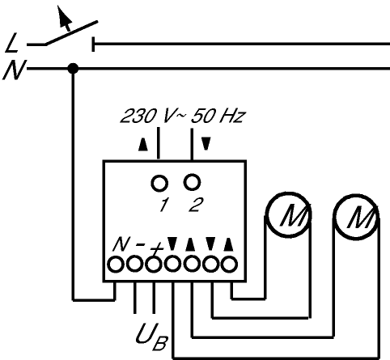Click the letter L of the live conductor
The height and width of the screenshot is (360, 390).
pyautogui.click(x=12, y=42)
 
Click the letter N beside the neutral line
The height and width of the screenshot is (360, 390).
pyautogui.click(x=15, y=70)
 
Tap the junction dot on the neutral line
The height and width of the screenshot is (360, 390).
pyautogui.click(x=73, y=68)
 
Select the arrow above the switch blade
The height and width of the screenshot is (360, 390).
pyautogui.click(x=65, y=18)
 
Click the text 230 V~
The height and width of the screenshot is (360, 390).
pyautogui.click(x=153, y=116)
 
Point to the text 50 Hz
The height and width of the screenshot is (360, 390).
pyautogui.click(x=218, y=116)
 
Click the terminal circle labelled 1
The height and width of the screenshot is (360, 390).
pyautogui.click(x=159, y=184)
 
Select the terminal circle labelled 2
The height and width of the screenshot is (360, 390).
pyautogui.click(x=192, y=182)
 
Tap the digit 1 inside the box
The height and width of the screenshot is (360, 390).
pyautogui.click(x=163, y=205)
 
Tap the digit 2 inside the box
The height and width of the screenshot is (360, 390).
pyautogui.click(x=196, y=205)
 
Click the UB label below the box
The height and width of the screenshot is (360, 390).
pyautogui.click(x=152, y=336)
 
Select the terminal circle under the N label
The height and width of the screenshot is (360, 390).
pyautogui.click(x=116, y=265)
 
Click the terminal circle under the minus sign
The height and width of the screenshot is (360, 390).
pyautogui.click(x=135, y=264)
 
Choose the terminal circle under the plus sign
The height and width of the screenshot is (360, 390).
pyautogui.click(x=154, y=265)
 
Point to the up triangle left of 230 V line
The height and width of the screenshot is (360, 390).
pyautogui.click(x=143, y=145)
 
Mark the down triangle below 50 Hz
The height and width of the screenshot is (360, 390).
pyautogui.click(x=206, y=144)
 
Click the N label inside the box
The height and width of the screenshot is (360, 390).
pyautogui.click(x=121, y=244)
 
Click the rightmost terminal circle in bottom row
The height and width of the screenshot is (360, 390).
pyautogui.click(x=229, y=265)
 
